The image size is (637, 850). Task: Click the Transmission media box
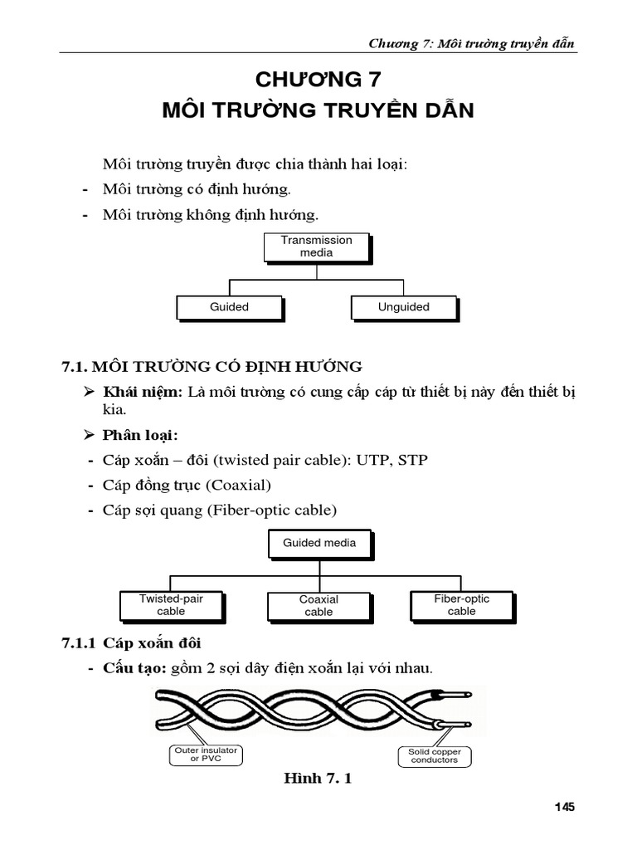pos(316,247)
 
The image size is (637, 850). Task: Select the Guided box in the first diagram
pos(229,307)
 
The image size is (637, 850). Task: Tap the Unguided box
pos(403,307)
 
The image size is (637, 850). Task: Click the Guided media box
pos(319,543)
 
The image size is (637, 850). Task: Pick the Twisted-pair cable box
pos(171,605)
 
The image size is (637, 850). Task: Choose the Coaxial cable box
pos(318,606)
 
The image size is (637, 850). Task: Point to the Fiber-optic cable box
pos(462,605)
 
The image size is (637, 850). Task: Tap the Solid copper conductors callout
pos(434,755)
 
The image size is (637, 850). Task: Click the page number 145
pos(564,806)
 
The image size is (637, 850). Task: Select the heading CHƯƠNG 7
pos(319,80)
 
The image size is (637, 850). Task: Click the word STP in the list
pos(413,460)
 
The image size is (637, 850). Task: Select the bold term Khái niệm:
pos(143,392)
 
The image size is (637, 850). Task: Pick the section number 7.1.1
pos(80,643)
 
